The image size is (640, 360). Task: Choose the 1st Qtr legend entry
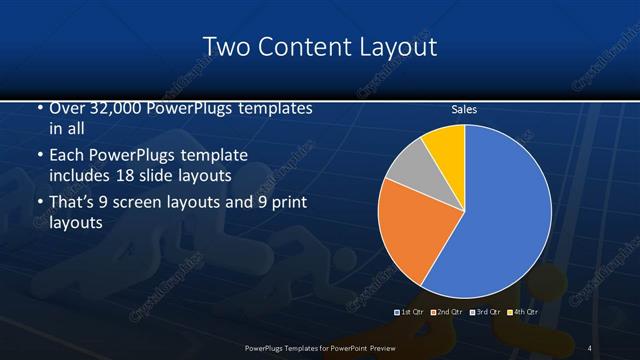click(x=410, y=313)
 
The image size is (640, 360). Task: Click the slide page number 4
click(x=590, y=347)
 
